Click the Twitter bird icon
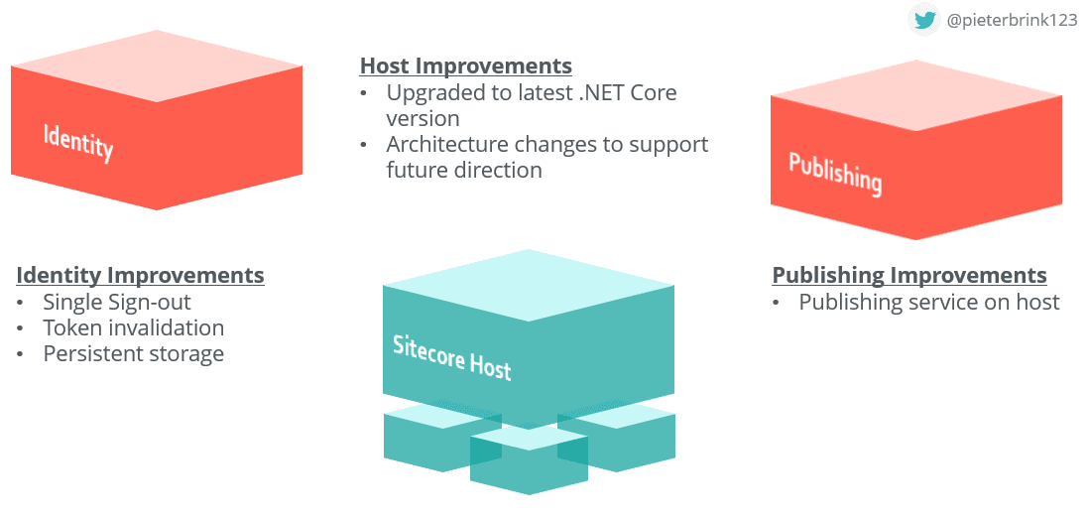924,20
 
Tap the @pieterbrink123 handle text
1012,20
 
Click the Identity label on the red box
78,141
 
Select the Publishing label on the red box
835,173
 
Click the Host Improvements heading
465,66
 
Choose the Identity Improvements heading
140,275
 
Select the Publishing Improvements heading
909,275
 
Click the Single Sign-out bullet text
117,302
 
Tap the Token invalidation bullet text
134,327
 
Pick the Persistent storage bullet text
134,353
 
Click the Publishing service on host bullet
929,302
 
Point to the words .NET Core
629,93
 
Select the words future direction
464,170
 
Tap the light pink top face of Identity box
157,65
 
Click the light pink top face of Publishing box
916,95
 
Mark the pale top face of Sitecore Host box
529,285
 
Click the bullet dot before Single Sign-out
22,303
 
